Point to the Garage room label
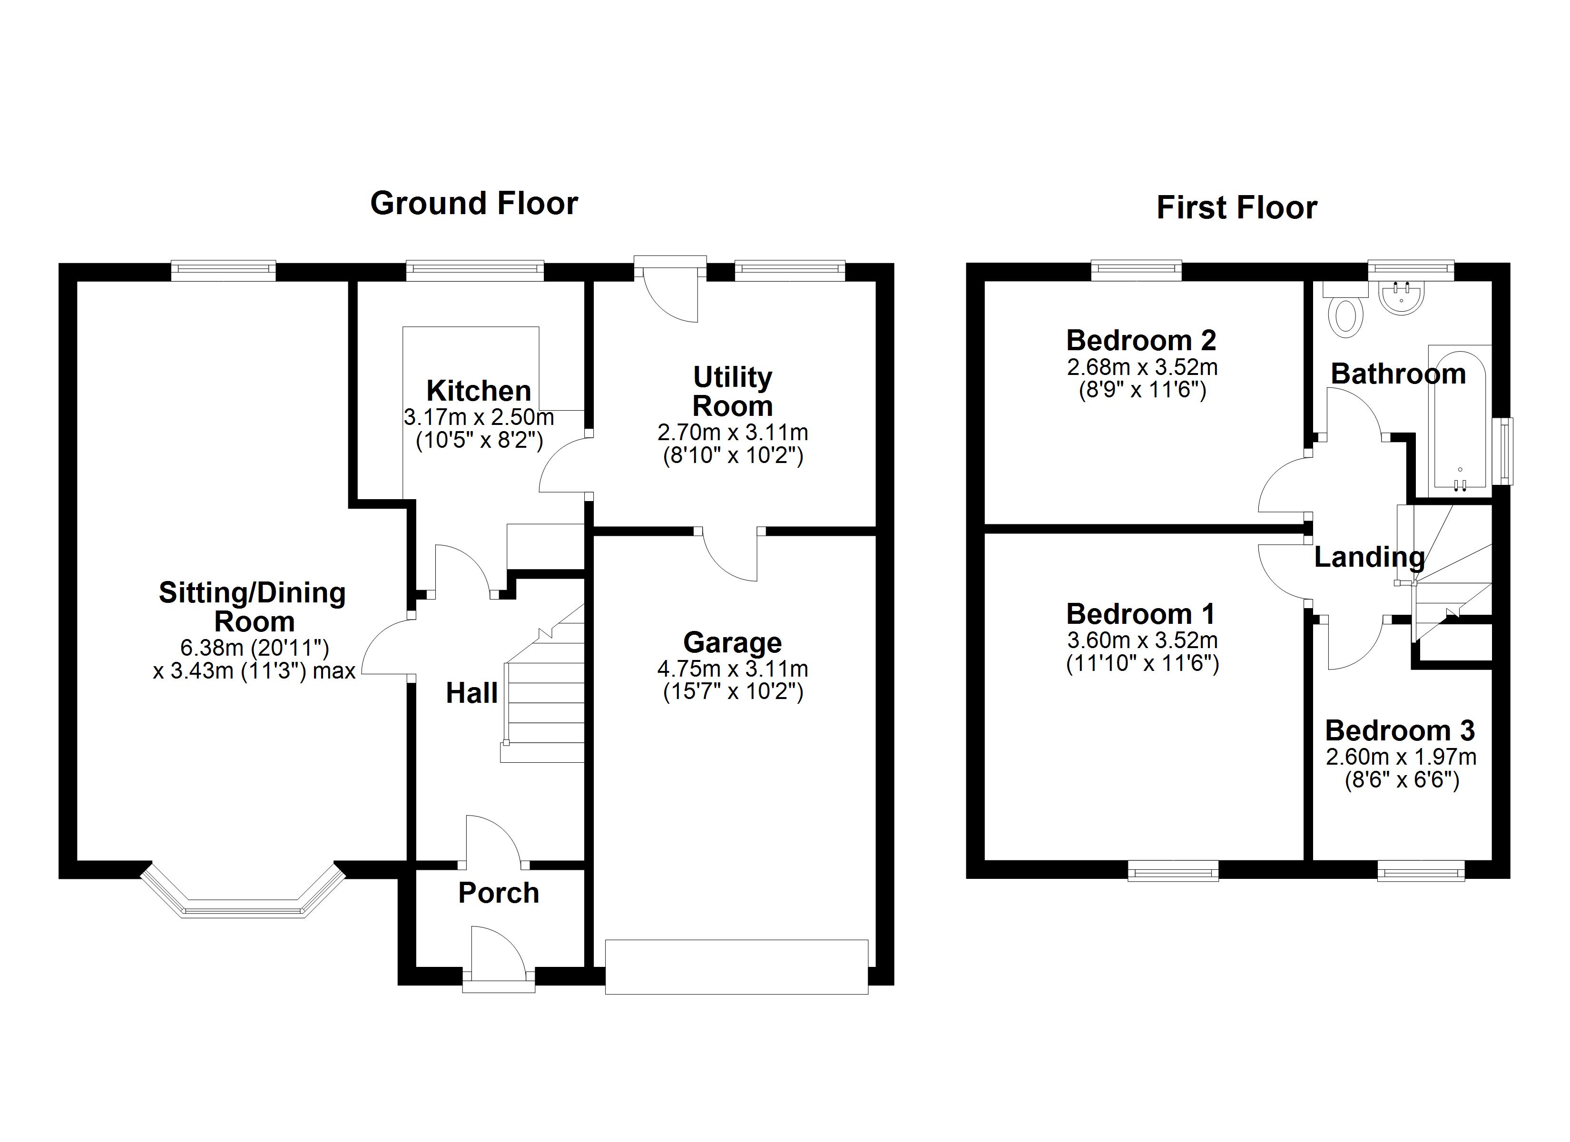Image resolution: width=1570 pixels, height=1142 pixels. [x=732, y=643]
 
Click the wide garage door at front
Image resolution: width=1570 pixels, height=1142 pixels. [x=736, y=967]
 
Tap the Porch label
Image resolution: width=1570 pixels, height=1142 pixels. [x=499, y=894]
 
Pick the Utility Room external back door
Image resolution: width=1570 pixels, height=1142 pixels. [x=670, y=291]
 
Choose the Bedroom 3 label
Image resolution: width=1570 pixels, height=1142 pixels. [x=1400, y=730]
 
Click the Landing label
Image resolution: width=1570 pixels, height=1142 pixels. [x=1369, y=557]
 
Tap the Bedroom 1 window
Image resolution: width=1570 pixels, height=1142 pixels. [x=1173, y=870]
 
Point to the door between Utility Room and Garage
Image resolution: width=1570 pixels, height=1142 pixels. [x=730, y=554]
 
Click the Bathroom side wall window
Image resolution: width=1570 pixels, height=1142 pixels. [x=1506, y=451]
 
